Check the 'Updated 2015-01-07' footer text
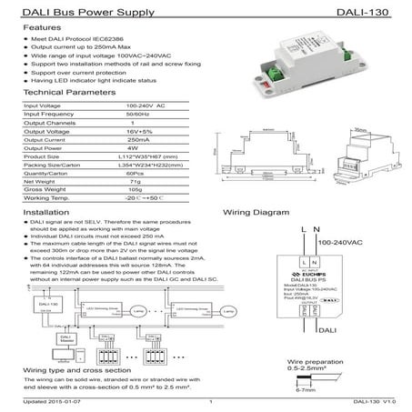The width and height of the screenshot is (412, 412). coord(51,401)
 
